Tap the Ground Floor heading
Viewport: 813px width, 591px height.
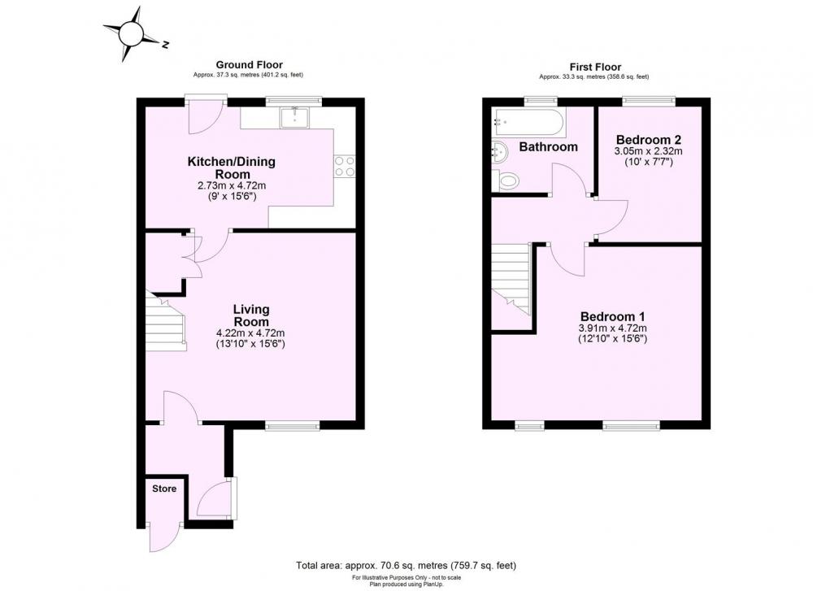[x=249, y=65]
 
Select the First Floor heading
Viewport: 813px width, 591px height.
[x=595, y=67]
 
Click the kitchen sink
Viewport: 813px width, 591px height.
[x=294, y=118]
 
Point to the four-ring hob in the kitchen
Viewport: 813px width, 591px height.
[x=345, y=166]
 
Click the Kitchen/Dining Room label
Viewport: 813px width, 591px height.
[x=231, y=167]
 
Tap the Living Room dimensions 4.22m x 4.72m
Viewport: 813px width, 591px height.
[x=250, y=333]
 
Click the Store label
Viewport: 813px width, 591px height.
[x=164, y=489]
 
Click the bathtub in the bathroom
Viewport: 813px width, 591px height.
[x=529, y=122]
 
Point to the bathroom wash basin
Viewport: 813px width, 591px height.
[x=498, y=152]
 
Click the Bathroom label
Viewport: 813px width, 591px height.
[x=548, y=146]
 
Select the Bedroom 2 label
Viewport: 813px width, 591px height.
[x=648, y=140]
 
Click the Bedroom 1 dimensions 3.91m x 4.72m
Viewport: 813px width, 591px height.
[x=612, y=328]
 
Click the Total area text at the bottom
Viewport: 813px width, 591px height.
[x=406, y=565]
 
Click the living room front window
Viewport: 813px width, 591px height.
[x=293, y=426]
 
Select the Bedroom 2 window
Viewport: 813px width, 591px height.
[x=649, y=101]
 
